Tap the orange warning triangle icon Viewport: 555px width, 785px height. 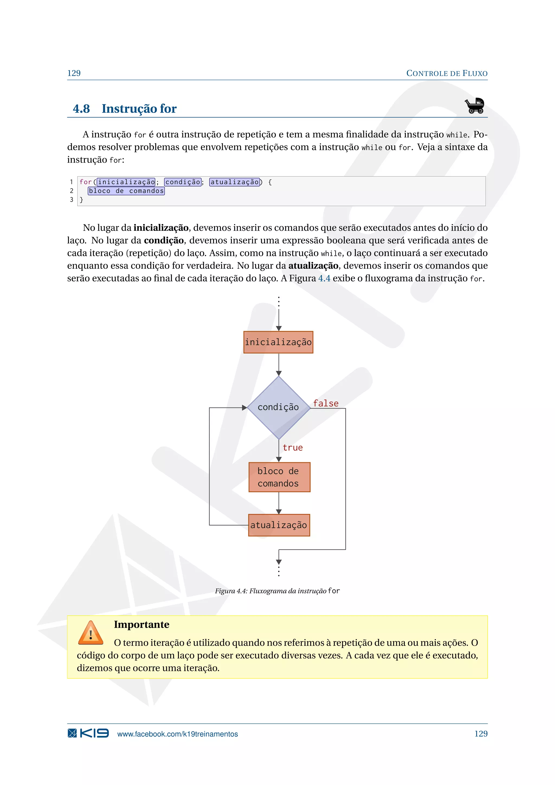coord(91,633)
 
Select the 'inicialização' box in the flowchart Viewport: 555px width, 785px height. coord(278,342)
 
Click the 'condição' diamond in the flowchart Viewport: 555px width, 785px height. coord(279,407)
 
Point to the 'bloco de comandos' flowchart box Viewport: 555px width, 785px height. coord(279,477)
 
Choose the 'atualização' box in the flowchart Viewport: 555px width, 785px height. coord(279,525)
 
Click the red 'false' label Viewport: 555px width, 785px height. coord(326,403)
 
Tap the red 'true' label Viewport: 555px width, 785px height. coord(292,448)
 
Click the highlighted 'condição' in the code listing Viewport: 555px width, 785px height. coord(183,182)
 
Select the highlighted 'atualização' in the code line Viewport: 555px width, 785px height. coord(235,182)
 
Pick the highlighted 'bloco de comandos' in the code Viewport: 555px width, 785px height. coord(126,191)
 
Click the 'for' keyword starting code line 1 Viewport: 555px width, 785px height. coord(85,182)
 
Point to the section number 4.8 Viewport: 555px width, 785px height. coord(81,109)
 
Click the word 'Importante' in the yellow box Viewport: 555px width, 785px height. coord(141,625)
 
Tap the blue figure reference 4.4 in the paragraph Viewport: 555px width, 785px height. coord(324,278)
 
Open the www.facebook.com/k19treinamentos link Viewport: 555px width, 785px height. coord(178,734)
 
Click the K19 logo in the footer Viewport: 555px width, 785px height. coord(88,733)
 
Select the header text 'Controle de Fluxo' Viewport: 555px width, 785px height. coord(447,73)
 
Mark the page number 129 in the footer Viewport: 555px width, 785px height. coord(481,734)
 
